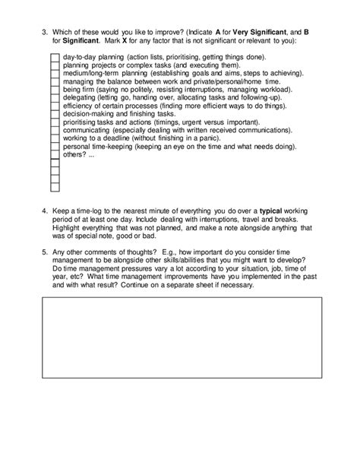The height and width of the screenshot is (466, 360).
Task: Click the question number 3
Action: pyautogui.click(x=46, y=32)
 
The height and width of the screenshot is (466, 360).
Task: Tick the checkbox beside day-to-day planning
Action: pyautogui.click(x=54, y=58)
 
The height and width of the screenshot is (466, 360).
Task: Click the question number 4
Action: pyautogui.click(x=46, y=208)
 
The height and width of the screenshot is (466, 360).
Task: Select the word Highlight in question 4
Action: pyautogui.click(x=69, y=226)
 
